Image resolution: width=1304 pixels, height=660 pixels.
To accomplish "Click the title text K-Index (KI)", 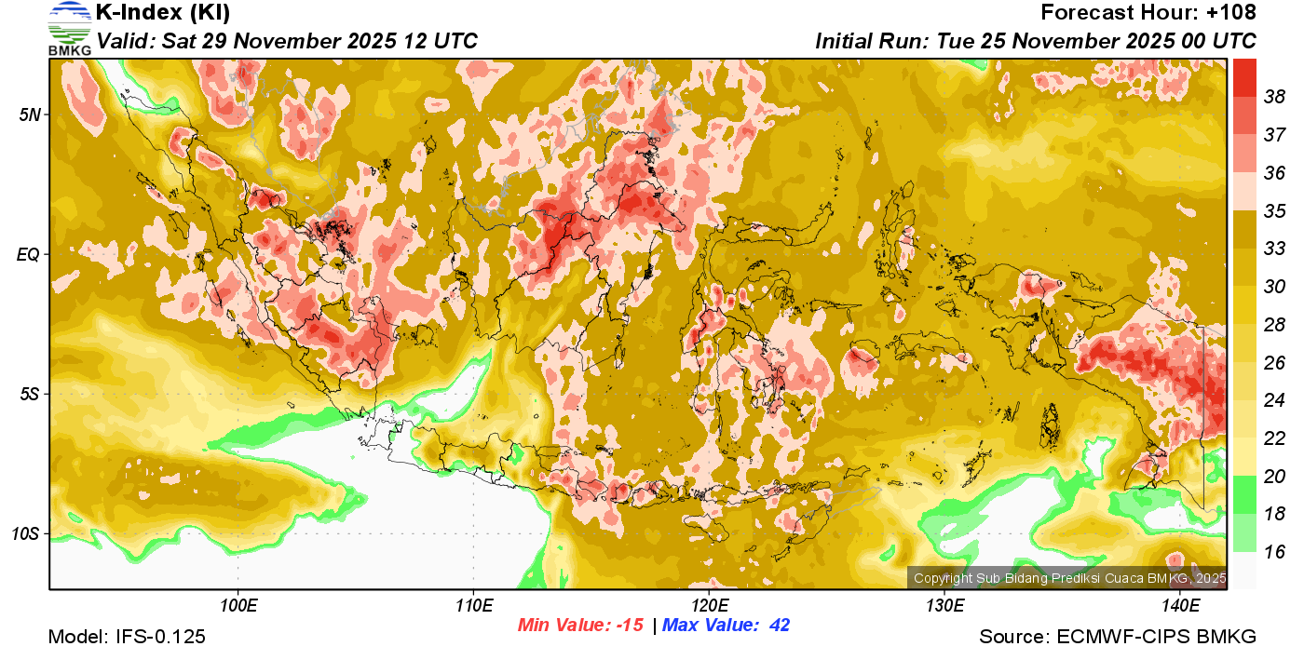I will coord(163,13).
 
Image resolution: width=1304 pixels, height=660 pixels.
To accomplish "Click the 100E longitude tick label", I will coord(238,606).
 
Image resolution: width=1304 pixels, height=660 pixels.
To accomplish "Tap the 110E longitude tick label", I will coord(473,606).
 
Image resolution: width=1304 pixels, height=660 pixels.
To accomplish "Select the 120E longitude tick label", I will coord(709,606).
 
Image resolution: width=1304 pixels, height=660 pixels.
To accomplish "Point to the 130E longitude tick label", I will coord(944,606).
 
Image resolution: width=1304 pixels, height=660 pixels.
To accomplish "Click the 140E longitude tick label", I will coord(1180,606).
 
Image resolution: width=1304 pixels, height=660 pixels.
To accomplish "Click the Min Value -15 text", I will coord(580,626).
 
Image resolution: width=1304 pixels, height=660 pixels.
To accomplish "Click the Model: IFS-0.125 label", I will coord(127,637).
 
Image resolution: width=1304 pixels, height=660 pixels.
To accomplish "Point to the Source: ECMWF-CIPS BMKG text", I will coord(1118,637).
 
